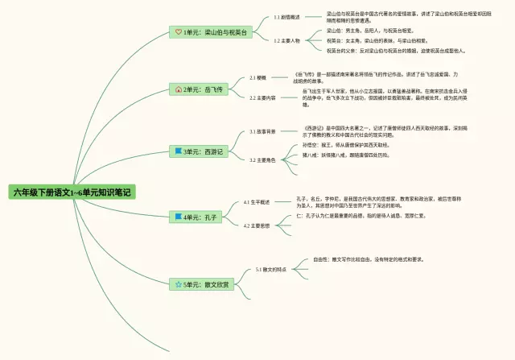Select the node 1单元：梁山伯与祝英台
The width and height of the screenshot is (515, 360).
click(212, 31)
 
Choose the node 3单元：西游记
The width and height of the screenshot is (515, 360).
click(200, 151)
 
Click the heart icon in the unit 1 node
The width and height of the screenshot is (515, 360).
click(179, 31)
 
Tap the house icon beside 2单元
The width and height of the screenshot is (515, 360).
click(179, 89)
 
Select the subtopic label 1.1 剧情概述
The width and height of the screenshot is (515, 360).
click(286, 16)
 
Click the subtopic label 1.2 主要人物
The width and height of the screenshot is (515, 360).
click(286, 39)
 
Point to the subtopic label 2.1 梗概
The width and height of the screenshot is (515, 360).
click(257, 78)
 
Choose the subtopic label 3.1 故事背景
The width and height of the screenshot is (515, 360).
click(262, 131)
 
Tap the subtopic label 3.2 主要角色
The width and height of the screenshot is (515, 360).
click(262, 159)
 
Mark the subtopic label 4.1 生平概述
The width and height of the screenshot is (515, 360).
click(257, 202)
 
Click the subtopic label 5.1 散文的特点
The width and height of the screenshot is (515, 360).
click(271, 269)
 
